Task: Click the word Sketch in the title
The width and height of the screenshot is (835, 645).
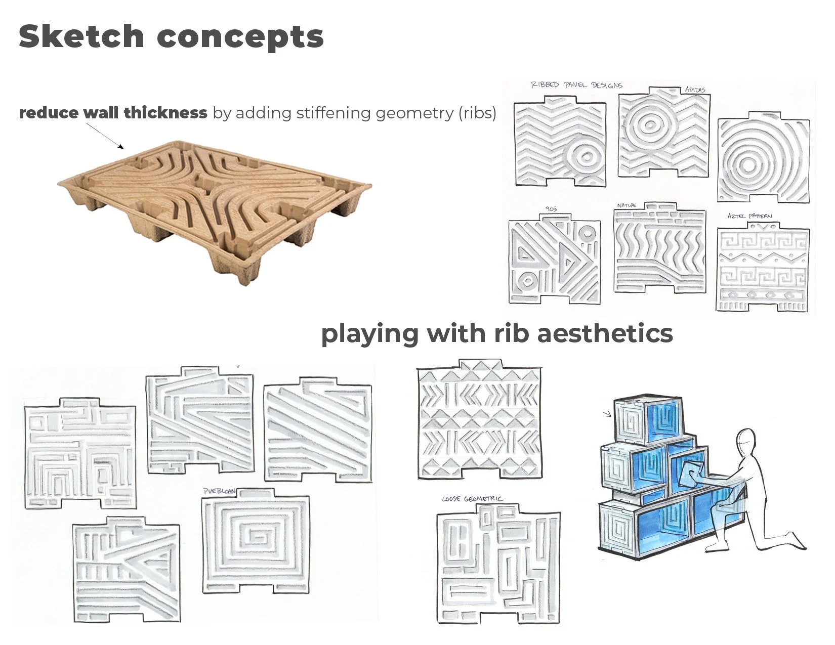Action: [81, 36]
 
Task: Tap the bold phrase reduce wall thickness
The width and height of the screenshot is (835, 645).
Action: [113, 112]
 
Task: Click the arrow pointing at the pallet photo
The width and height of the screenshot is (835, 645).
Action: [106, 136]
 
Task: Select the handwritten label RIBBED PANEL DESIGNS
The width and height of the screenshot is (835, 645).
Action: [576, 85]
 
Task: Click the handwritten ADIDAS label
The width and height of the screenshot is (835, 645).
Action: [695, 90]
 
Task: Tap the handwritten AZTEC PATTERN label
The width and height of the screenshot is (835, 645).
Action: [749, 216]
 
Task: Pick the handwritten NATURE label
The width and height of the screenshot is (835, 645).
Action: [627, 205]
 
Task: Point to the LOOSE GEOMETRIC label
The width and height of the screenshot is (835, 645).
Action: [472, 499]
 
